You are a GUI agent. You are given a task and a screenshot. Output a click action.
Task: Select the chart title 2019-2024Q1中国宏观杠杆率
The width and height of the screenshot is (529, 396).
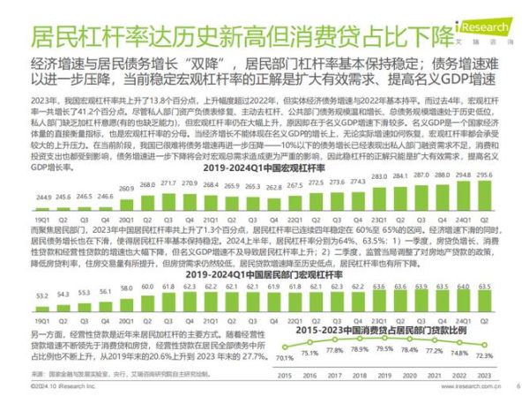[x=264, y=165]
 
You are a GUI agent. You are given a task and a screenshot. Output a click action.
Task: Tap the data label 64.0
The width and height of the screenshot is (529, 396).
[x=465, y=287]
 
